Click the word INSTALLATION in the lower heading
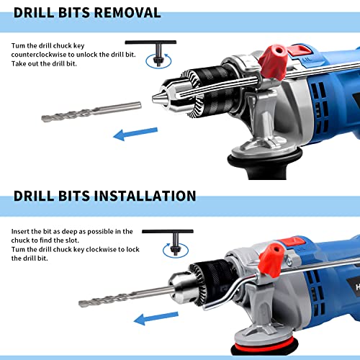coord(142,196)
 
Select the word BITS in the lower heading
coord(76,196)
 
